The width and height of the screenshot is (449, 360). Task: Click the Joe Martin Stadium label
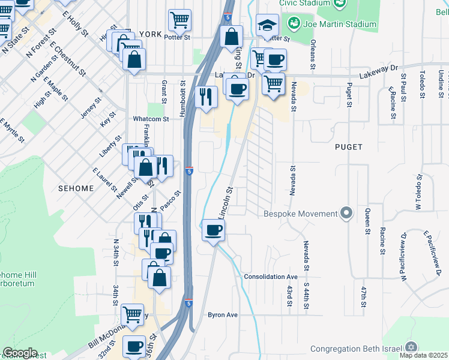[340, 25]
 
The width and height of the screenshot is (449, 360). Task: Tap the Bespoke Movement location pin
[346, 214]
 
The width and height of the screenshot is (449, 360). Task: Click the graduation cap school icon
[267, 25]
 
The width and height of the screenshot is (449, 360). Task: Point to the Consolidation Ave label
[271, 277]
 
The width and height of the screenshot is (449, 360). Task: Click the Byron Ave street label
[223, 314]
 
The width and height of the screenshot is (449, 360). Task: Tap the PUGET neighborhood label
[349, 146]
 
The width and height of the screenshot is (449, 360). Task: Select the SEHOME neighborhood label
[76, 188]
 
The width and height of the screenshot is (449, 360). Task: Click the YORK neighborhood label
[150, 35]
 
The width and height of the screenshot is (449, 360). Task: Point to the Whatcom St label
[151, 119]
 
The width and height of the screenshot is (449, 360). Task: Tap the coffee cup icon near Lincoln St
[214, 230]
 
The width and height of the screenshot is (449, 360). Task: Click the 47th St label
[363, 297]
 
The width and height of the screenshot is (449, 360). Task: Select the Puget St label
[349, 96]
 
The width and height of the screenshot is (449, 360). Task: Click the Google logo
[20, 353]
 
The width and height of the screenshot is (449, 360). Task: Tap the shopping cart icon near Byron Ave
[132, 314]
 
